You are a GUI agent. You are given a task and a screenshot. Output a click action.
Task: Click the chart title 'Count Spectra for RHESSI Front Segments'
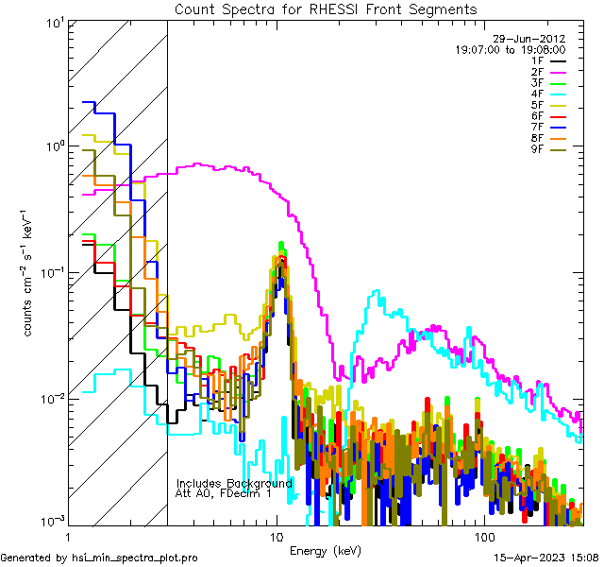pos(326,9)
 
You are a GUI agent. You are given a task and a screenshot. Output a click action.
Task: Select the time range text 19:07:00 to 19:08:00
pos(511,49)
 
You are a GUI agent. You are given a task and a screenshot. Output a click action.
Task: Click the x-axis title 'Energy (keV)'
pos(326,551)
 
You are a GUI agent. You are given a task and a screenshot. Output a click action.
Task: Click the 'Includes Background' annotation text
pos(234,483)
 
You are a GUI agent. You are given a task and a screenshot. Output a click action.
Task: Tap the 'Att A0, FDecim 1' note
pos(224,493)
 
